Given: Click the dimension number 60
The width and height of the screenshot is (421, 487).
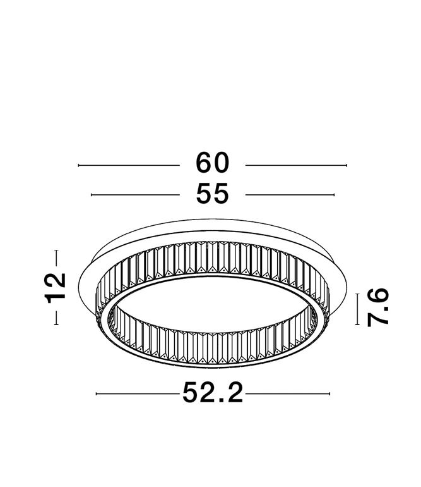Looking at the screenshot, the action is pyautogui.click(x=212, y=163).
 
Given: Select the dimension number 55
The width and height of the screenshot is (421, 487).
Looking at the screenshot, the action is pyautogui.click(x=212, y=193).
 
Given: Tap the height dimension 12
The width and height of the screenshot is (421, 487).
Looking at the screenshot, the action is pyautogui.click(x=56, y=288).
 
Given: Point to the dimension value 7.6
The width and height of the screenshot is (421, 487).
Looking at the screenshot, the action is pyautogui.click(x=378, y=307).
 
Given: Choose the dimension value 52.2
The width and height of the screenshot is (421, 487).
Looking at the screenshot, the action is pyautogui.click(x=213, y=393).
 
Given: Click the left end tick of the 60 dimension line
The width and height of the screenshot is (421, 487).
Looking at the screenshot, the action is pyautogui.click(x=79, y=165).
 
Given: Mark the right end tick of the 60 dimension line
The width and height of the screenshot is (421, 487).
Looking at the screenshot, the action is pyautogui.click(x=346, y=165).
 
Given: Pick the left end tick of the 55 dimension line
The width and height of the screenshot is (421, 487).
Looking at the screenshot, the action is pyautogui.click(x=92, y=195).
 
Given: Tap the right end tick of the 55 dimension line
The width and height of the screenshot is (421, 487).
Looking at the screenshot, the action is pyautogui.click(x=334, y=195).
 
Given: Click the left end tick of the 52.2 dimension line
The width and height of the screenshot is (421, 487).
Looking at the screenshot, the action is pyautogui.click(x=97, y=394).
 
